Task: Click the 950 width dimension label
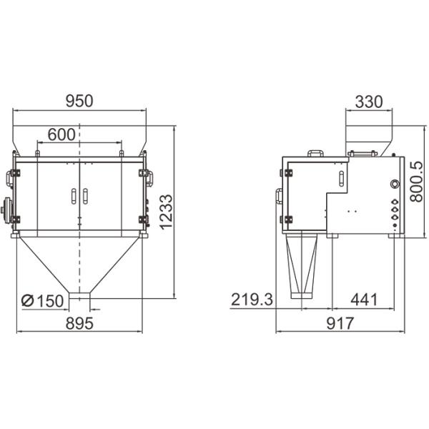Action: click(79, 101)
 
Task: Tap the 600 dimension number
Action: click(61, 134)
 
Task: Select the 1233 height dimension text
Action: click(166, 212)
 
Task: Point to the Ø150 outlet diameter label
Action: click(42, 301)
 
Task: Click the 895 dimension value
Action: click(79, 323)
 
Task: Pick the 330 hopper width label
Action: click(368, 102)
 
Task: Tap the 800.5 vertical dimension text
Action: click(417, 182)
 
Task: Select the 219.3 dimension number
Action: click(252, 300)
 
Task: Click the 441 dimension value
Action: click(364, 300)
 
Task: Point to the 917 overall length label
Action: click(340, 323)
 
